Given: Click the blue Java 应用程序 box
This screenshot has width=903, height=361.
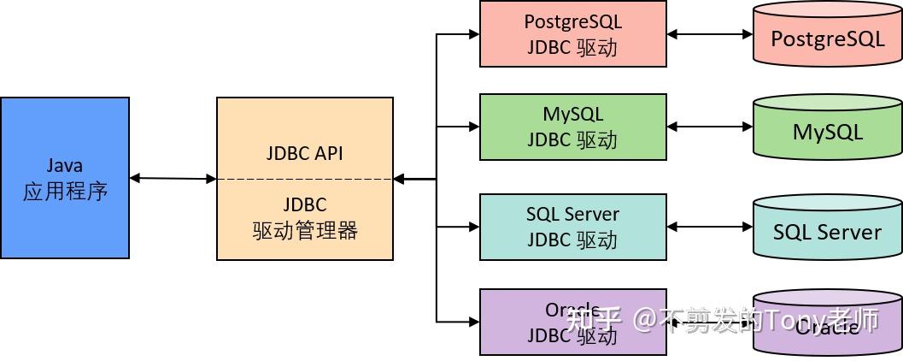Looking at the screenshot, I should tap(65, 177).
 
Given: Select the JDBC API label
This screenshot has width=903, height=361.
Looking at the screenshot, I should tap(305, 154).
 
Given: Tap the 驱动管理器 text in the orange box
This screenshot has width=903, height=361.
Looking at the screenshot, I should tap(305, 230).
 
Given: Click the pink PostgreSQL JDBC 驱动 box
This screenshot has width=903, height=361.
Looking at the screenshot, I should tap(572, 33).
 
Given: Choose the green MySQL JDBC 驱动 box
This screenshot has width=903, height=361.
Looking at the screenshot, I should tap(572, 127).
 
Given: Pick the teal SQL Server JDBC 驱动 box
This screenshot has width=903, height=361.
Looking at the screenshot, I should tap(572, 227).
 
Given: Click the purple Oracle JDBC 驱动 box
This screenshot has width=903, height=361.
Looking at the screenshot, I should tap(572, 322).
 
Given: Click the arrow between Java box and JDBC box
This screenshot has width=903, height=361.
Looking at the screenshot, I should tap(173, 178).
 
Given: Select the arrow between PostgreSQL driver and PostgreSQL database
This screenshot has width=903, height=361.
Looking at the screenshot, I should tap(709, 34).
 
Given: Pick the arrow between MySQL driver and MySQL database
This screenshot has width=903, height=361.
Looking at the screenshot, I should tap(709, 127).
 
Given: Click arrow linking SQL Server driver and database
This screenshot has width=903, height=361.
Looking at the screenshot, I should tap(709, 227).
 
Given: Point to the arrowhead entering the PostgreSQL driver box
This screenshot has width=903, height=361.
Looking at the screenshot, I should tap(472, 34).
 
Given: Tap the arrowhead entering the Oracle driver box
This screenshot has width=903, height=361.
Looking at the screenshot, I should tap(472, 322).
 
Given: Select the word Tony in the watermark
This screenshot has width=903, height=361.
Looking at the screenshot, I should tap(793, 321).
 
